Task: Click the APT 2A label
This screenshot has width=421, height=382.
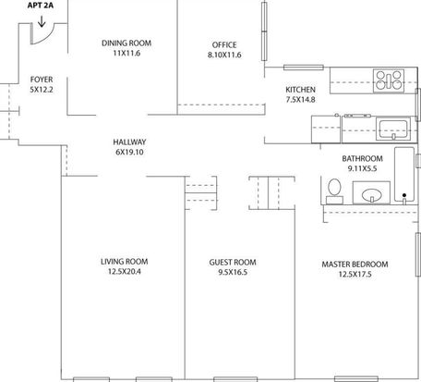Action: (41, 6)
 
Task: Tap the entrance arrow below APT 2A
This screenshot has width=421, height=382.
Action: (42, 21)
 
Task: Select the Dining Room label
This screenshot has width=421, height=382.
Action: (126, 43)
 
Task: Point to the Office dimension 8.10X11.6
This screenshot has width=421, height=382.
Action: (224, 55)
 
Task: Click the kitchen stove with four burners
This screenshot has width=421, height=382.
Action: (389, 80)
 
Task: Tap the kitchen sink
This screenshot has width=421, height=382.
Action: (393, 129)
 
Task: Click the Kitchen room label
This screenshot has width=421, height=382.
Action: (300, 90)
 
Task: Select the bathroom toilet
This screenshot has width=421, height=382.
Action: (334, 191)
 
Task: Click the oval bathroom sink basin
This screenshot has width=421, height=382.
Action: (372, 195)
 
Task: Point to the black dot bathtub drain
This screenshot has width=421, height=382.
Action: (404, 195)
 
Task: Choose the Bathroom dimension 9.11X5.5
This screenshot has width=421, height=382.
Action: (362, 168)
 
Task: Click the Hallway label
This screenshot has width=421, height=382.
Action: (129, 142)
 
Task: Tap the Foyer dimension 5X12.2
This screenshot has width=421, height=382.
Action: (42, 90)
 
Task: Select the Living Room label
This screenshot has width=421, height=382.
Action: (125, 262)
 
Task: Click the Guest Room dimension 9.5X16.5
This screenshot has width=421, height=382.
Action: (233, 272)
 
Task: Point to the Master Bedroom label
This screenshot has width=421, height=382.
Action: (355, 265)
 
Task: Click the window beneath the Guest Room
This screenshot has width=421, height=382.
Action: (235, 379)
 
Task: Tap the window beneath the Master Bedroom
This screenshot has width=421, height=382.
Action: (356, 379)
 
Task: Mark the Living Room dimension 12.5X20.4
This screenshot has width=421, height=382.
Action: (125, 272)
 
